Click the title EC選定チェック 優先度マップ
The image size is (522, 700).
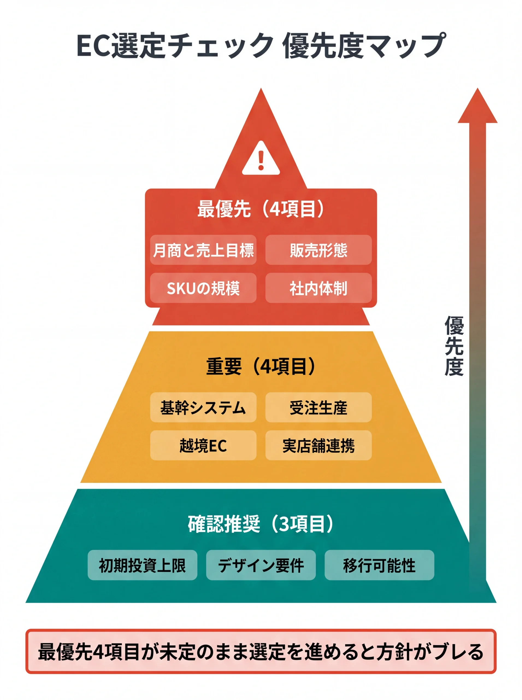pyautogui.click(x=261, y=46)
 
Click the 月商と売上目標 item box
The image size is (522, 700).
pyautogui.click(x=203, y=250)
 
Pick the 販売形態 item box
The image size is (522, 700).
pyautogui.click(x=318, y=250)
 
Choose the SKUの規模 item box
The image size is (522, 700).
pyautogui.click(x=203, y=288)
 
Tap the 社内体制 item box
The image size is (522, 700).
pyautogui.click(x=318, y=288)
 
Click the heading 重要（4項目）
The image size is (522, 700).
pyautogui.click(x=261, y=366)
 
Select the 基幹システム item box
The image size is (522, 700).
pyautogui.click(x=203, y=407)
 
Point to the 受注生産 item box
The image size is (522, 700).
pyautogui.click(x=318, y=407)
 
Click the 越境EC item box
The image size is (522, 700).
pyautogui.click(x=203, y=445)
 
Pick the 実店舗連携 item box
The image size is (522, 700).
pyautogui.click(x=318, y=445)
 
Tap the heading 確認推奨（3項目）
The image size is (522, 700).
pyautogui.click(x=261, y=524)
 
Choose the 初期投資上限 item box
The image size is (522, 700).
pyautogui.click(x=142, y=565)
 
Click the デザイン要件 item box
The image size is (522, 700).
pyautogui.click(x=261, y=565)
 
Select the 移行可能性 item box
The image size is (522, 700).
pyautogui.click(x=379, y=565)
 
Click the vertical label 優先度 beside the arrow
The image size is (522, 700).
pyautogui.click(x=454, y=346)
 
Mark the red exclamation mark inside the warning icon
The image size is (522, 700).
pyautogui.click(x=261, y=160)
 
